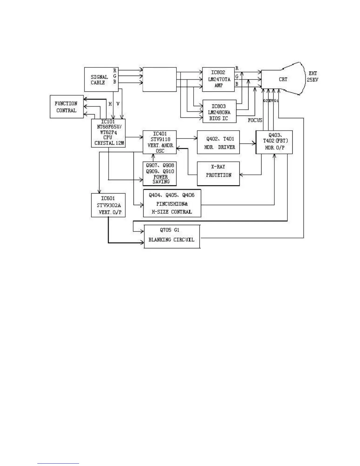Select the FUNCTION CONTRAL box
(66, 107)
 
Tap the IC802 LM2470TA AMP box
(218, 79)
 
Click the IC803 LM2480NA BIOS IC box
(219, 111)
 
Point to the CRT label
(283, 79)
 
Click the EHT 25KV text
(313, 76)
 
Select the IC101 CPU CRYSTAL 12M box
(108, 133)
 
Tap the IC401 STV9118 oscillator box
(160, 142)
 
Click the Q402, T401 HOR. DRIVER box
(218, 142)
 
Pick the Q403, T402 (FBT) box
(274, 142)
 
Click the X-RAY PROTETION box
(218, 174)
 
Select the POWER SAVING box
(160, 174)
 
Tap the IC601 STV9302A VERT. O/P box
(108, 205)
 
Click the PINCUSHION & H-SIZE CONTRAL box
(172, 203)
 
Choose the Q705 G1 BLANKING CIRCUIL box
(172, 237)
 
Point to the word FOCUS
(255, 120)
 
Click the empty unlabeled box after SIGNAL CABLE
(159, 79)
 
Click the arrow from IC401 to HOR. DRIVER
(187, 138)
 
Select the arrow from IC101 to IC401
(134, 137)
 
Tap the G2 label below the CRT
(265, 101)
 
